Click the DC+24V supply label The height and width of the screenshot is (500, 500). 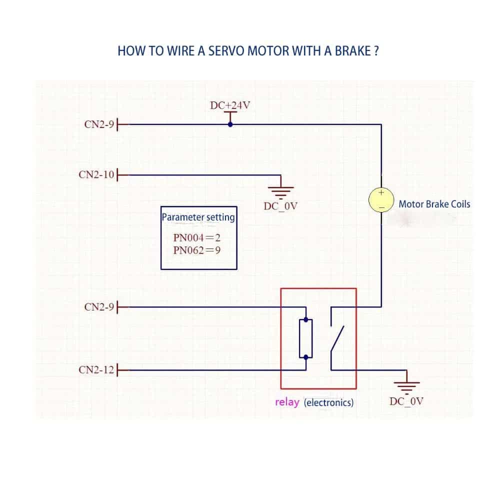coord(230,105)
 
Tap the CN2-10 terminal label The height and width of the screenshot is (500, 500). coord(97,174)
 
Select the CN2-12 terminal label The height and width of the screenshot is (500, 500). coord(97,370)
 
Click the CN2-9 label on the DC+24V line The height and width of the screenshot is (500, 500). coord(99,124)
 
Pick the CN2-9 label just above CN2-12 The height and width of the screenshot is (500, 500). coord(99,306)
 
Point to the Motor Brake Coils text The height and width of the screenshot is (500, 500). coord(434,204)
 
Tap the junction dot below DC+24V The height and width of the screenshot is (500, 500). coord(230,124)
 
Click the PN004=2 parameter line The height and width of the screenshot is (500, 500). coord(197,238)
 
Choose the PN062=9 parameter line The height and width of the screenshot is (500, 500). coord(197,250)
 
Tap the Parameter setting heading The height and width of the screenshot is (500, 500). coord(198,217)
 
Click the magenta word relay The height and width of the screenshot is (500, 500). coord(287,402)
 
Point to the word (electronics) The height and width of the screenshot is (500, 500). coord(328,402)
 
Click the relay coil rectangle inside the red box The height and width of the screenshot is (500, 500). coord(305,338)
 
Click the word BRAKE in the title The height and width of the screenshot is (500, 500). coord(352,51)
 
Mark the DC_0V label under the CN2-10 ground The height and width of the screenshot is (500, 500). coord(281,206)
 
